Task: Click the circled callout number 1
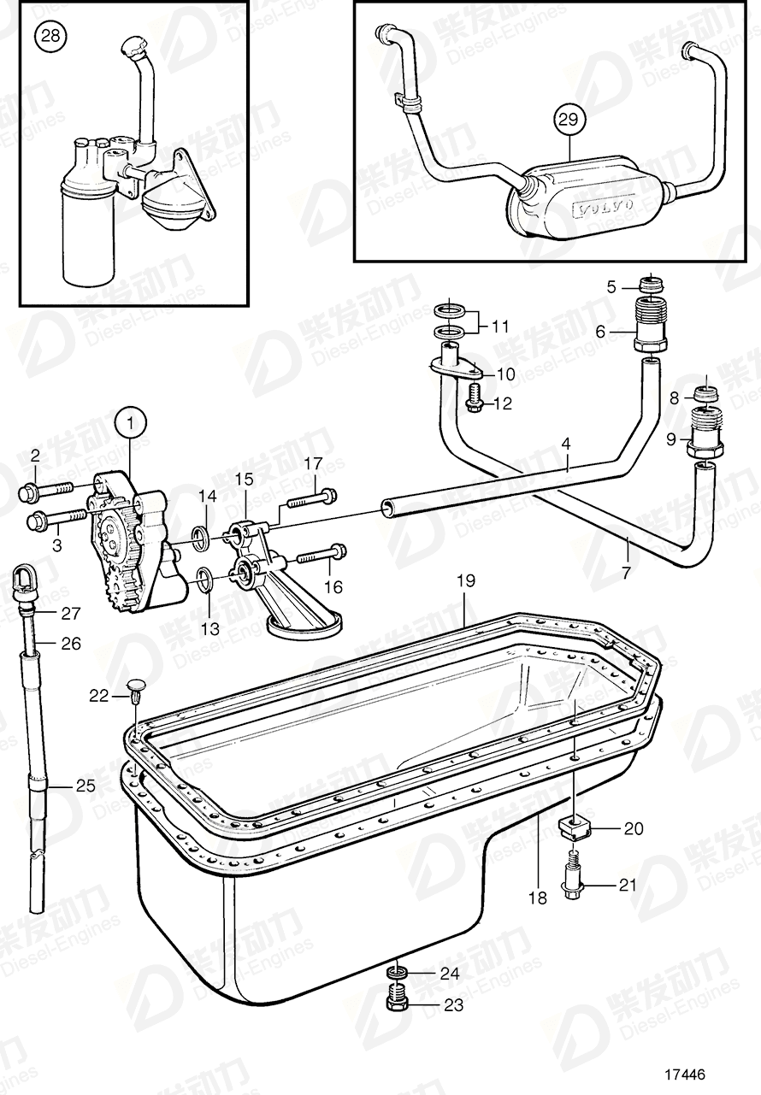click(x=130, y=421)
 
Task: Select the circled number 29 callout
click(x=569, y=121)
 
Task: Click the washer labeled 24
click(x=396, y=973)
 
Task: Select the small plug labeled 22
click(x=136, y=688)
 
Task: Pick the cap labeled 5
click(x=652, y=286)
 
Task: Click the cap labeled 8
click(x=706, y=396)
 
